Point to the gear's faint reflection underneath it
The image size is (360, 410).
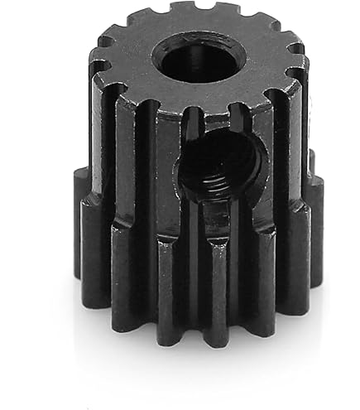(199, 364)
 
